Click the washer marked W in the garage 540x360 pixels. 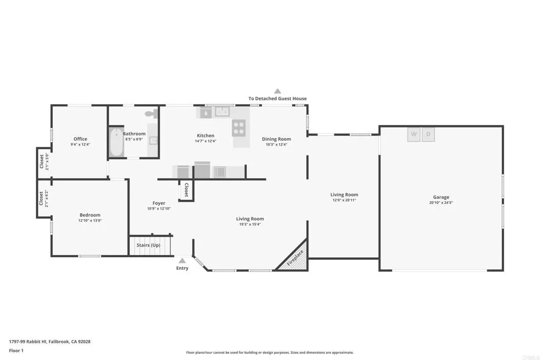413,134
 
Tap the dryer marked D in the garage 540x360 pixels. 428,134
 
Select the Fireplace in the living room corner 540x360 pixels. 295,258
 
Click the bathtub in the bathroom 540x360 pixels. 117,143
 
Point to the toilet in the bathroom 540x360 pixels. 150,113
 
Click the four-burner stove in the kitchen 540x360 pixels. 239,128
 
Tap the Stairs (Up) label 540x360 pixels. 148,245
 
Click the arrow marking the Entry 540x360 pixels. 182,260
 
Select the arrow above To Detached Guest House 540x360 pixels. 277,91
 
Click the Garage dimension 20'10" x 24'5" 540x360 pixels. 441,202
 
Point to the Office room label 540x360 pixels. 80,139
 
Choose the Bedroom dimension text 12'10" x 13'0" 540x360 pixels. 90,220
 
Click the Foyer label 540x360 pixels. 159,203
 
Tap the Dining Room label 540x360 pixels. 276,139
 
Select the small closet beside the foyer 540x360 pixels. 186,191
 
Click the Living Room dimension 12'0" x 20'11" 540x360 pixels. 344,200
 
